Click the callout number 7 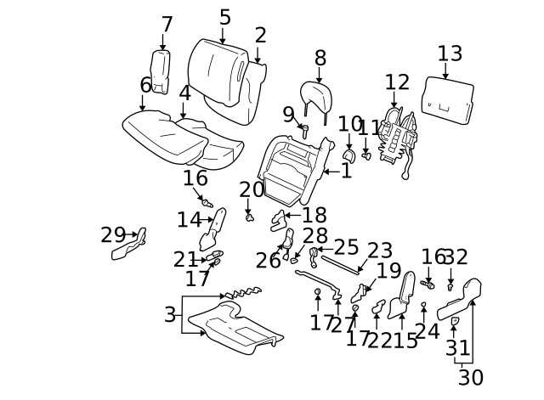click(167, 25)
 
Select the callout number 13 click(450, 54)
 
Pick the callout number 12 click(397, 82)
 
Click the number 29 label click(113, 234)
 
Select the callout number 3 click(170, 315)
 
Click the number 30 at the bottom click(470, 377)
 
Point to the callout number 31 click(458, 348)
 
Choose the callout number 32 click(456, 257)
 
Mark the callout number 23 click(380, 251)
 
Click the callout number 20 click(252, 190)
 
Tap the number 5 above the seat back click(224, 17)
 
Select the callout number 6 click(145, 86)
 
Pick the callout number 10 click(349, 125)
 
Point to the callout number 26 click(268, 262)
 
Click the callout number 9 click(288, 115)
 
